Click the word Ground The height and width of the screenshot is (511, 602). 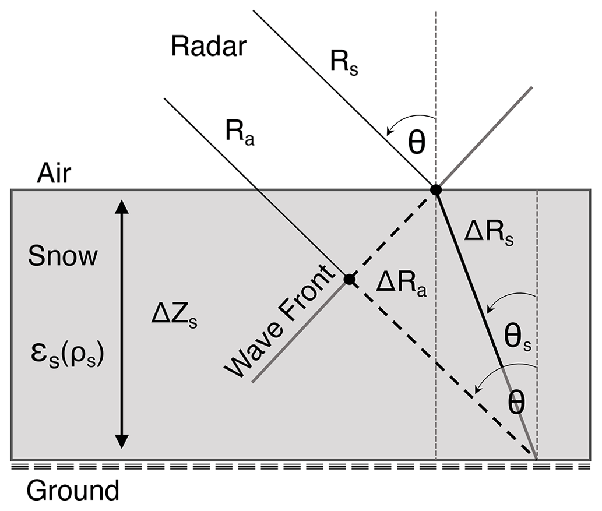pyautogui.click(x=73, y=491)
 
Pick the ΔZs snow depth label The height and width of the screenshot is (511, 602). pyautogui.click(x=174, y=317)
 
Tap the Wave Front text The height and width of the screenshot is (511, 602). pyautogui.click(x=279, y=327)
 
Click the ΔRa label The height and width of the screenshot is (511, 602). pyautogui.click(x=402, y=286)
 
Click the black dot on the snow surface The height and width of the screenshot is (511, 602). pyautogui.click(x=435, y=190)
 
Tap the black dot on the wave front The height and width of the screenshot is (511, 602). pyautogui.click(x=349, y=279)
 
